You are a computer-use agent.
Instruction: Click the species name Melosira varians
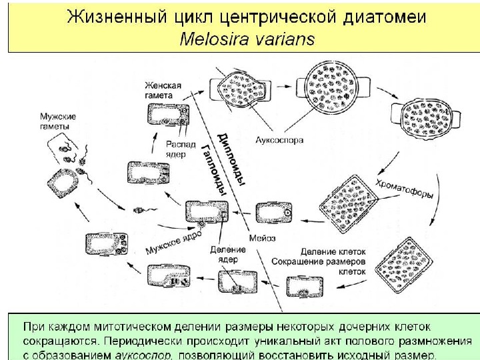[247, 39]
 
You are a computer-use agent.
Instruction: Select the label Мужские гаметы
[57, 121]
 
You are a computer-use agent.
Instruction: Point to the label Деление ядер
[227, 254]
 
